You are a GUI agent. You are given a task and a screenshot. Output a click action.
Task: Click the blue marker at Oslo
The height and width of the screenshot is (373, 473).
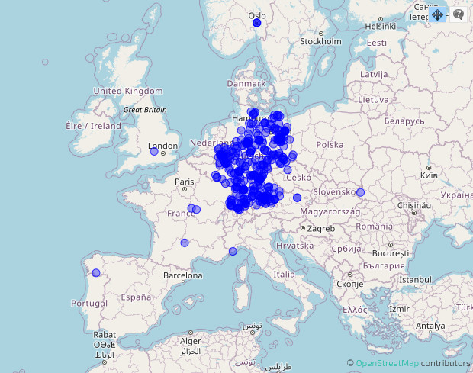pyautogui.click(x=256, y=23)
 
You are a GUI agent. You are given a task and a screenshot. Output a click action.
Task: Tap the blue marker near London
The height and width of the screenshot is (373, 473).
pyautogui.click(x=154, y=152)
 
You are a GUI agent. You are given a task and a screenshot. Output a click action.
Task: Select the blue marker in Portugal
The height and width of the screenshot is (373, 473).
pyautogui.click(x=96, y=273)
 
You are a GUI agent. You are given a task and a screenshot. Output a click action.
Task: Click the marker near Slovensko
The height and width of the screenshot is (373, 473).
pyautogui.click(x=360, y=192)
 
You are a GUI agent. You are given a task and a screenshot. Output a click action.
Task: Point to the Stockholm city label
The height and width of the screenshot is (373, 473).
pyautogui.click(x=320, y=41)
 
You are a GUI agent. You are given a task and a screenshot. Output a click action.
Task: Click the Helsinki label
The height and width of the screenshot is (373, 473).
pyautogui.click(x=380, y=26)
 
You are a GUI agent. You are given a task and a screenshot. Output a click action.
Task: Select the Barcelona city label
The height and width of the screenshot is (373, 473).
pyautogui.click(x=183, y=275)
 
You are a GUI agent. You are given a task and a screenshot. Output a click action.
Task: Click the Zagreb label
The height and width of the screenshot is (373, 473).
pyautogui.click(x=321, y=228)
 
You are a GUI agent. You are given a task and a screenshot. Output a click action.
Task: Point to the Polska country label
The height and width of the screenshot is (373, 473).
pyautogui.click(x=330, y=144)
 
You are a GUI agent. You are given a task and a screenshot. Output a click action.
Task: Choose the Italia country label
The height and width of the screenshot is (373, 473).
pyautogui.click(x=284, y=274)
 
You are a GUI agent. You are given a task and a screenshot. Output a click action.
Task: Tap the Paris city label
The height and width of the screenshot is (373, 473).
pyautogui.click(x=185, y=182)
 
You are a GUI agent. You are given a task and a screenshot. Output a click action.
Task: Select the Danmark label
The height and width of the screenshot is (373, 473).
pyautogui.click(x=246, y=83)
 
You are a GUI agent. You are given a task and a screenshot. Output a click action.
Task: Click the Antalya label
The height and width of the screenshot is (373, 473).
pyautogui.click(x=430, y=326)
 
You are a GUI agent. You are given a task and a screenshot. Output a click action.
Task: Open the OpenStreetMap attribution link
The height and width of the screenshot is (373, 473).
pyautogui.click(x=387, y=363)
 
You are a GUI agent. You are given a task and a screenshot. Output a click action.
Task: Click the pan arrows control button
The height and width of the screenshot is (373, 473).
pyautogui.click(x=438, y=14)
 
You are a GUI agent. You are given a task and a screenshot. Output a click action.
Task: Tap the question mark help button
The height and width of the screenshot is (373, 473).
pyautogui.click(x=459, y=14)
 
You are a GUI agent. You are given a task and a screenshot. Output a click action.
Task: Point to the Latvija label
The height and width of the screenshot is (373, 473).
pyautogui.click(x=375, y=74)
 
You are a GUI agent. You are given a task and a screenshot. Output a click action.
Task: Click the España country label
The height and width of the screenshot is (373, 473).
pyautogui.click(x=136, y=297)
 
